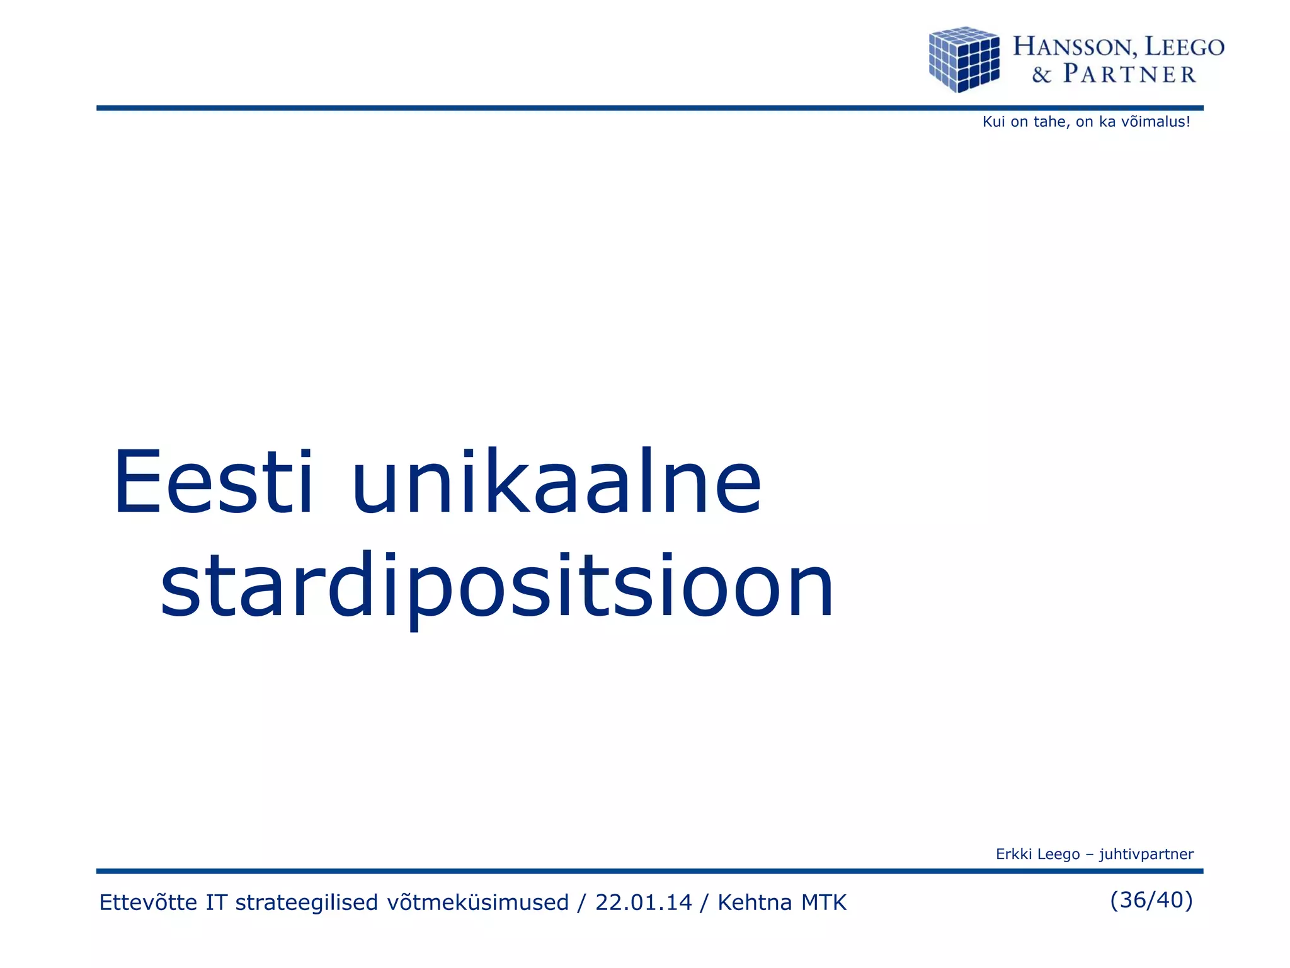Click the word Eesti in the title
coord(213,482)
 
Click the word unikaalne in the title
coord(557,482)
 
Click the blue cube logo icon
coord(964,59)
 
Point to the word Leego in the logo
coord(1184,47)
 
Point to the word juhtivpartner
coord(1146,854)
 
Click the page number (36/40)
coord(1151,900)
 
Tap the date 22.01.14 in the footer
coord(643,902)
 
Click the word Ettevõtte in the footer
coord(149,902)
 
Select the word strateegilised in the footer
coord(306,902)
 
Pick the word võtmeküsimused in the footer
coord(477,902)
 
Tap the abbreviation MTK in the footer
coord(823,902)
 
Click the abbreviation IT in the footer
coord(216,902)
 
